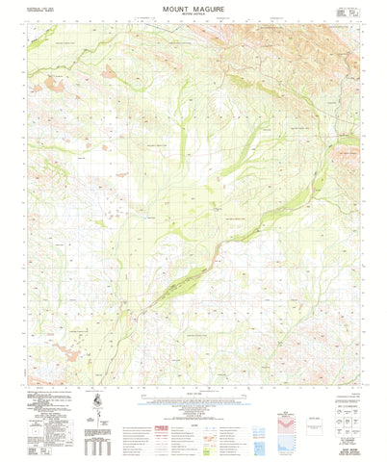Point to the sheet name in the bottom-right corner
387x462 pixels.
[348, 445]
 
